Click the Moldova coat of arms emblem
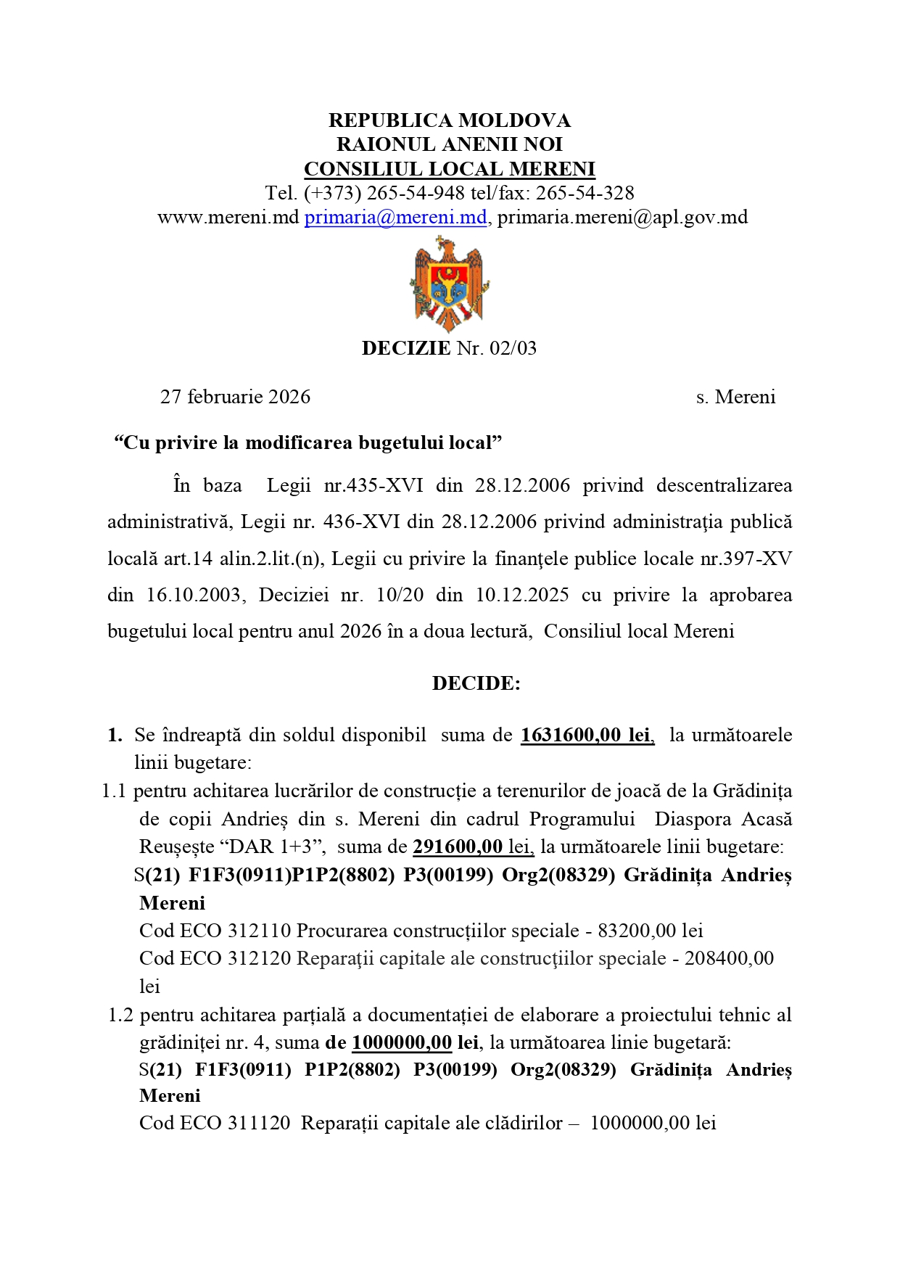coord(449,284)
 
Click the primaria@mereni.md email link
coord(395,217)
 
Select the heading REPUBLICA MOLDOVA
coord(449,120)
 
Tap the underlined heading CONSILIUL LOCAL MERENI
coord(449,169)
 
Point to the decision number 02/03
coord(513,348)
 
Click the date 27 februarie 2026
coord(235,397)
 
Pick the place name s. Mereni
coord(735,397)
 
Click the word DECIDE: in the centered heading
coord(476,683)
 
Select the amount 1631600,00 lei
coord(586,735)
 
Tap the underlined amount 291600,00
coord(458,846)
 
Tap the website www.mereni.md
coord(228,217)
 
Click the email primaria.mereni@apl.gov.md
coord(622,217)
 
